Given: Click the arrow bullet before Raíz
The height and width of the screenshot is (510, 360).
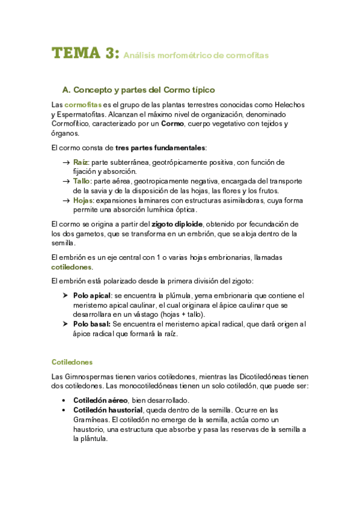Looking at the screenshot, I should pos(65,162).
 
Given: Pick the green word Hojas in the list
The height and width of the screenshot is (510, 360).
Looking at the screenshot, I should pos(83,200).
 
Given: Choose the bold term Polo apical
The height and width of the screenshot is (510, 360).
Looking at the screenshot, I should pos(92,295).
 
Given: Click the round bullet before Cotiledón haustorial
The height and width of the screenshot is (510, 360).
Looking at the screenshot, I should pos(64,410).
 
